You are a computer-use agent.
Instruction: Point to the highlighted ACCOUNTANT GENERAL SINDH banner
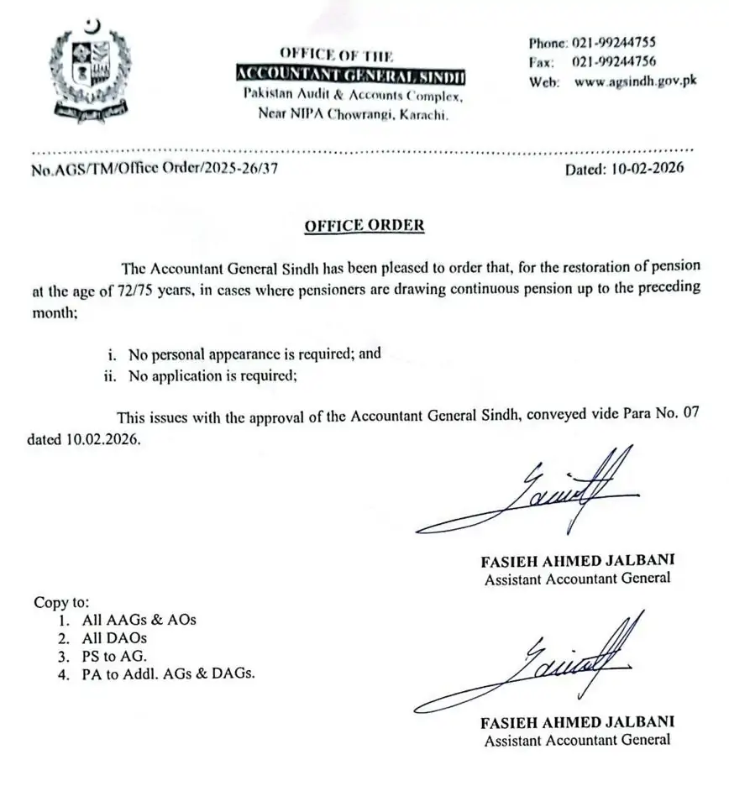(x=350, y=76)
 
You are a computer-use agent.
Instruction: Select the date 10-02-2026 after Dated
(x=644, y=168)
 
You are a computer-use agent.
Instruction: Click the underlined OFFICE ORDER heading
(x=364, y=226)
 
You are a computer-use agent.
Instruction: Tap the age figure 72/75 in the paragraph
(x=144, y=286)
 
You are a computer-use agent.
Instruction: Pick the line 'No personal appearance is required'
(x=254, y=354)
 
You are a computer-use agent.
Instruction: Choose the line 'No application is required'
(x=212, y=375)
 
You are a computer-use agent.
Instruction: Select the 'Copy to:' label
(x=60, y=602)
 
